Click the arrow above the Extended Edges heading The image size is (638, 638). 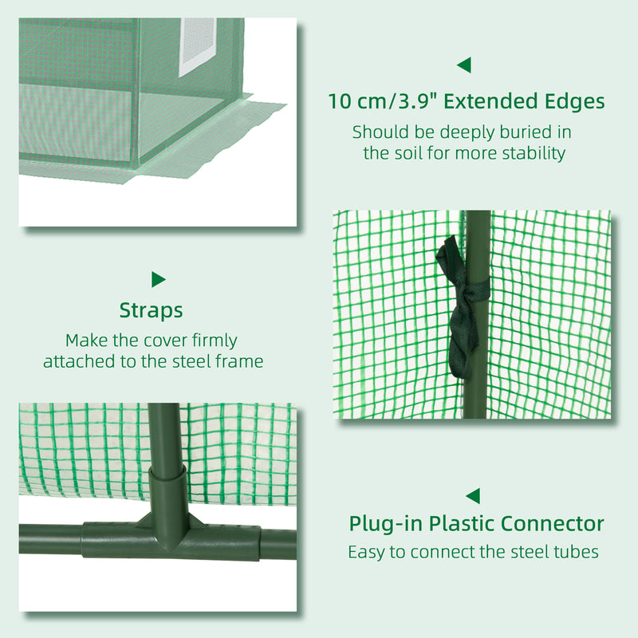tap(463, 65)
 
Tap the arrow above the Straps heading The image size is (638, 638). tap(158, 279)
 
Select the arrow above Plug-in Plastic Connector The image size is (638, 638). tap(473, 495)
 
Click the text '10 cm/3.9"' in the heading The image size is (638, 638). tap(380, 102)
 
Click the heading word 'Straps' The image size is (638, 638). tap(151, 310)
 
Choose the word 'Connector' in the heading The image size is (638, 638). tap(553, 524)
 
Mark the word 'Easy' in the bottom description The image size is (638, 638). tap(365, 552)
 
